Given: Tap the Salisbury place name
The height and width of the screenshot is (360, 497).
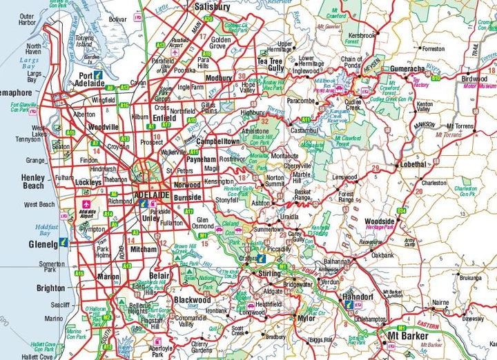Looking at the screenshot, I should coord(212,6).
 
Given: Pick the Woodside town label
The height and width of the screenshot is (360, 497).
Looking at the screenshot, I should coord(379,221).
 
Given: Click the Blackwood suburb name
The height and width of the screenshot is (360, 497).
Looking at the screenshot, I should coord(193,300).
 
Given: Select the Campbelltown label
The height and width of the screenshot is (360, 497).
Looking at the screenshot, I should coord(218,141).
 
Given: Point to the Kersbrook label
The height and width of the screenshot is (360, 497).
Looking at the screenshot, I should coord(362,34).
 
